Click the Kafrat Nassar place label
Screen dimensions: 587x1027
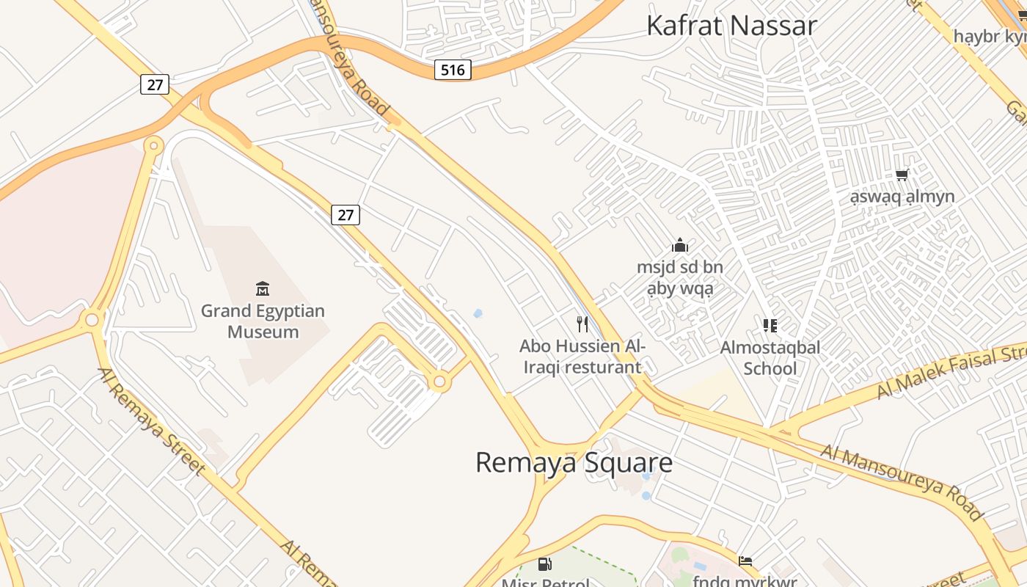coord(731,26)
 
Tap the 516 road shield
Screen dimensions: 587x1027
coord(453,70)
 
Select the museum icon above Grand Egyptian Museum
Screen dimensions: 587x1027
coord(263,289)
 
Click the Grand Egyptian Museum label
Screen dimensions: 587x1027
coord(263,321)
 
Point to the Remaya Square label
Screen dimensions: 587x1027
coord(574,462)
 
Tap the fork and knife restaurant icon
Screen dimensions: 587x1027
coord(582,324)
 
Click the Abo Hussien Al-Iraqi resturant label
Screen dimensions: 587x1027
coord(582,357)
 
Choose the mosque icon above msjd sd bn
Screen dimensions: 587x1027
coord(680,246)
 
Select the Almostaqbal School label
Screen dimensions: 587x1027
coord(770,357)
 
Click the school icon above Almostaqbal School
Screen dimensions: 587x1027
coord(770,325)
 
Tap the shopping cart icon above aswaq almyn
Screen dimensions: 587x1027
coord(902,175)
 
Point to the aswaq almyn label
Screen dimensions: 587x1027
coord(902,197)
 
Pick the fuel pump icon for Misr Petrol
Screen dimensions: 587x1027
coord(545,564)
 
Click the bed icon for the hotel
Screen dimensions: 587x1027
coord(745,562)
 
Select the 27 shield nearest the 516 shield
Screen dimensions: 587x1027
coord(155,84)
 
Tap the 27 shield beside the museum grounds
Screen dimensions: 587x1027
coord(346,215)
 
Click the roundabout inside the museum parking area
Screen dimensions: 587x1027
coord(439,382)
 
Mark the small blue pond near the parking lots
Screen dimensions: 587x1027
coord(478,313)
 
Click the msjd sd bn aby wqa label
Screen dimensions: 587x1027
coord(680,278)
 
